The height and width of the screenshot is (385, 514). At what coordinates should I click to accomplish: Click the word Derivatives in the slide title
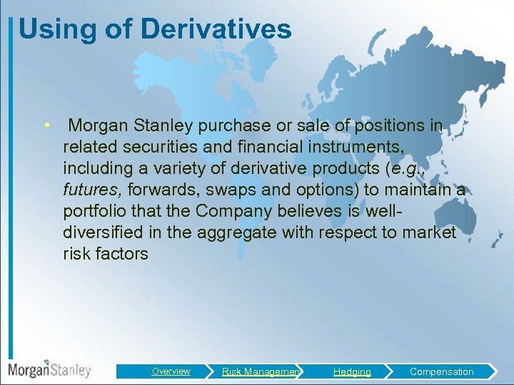pyautogui.click(x=216, y=29)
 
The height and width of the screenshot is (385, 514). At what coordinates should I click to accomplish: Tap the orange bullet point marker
pyautogui.click(x=46, y=125)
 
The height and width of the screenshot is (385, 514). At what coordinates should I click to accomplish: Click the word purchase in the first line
pyautogui.click(x=231, y=126)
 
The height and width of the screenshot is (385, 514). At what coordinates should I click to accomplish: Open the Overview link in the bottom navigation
pyautogui.click(x=171, y=371)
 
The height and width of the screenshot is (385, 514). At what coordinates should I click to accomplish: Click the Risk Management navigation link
pyautogui.click(x=261, y=371)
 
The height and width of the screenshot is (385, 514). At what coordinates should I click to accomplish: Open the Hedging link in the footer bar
pyautogui.click(x=352, y=371)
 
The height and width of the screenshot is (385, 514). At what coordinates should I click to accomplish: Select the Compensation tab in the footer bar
pyautogui.click(x=441, y=371)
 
